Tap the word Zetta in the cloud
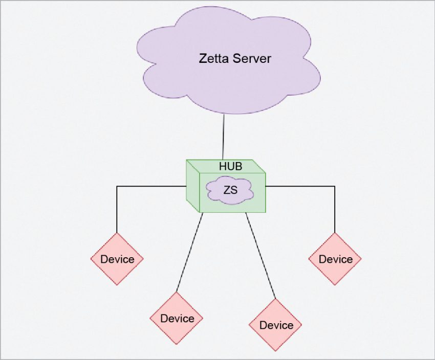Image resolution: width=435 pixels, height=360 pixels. (x=214, y=58)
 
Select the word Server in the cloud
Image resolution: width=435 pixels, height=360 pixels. (x=252, y=58)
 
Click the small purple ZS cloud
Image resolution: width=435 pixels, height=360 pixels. (x=230, y=190)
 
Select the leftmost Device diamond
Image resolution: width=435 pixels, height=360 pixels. (x=117, y=259)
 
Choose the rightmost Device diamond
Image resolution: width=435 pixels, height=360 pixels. (x=335, y=259)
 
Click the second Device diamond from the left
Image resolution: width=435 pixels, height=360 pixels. (x=177, y=318)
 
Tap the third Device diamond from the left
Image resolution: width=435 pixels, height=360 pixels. (x=275, y=325)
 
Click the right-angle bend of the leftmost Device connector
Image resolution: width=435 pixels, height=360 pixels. (x=117, y=187)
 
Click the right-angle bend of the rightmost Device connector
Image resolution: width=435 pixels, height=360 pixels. (x=335, y=187)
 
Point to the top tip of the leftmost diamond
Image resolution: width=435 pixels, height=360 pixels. (x=117, y=233)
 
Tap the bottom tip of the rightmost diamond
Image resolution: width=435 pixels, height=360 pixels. (x=335, y=285)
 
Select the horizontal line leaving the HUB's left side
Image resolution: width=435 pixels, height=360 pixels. (x=151, y=187)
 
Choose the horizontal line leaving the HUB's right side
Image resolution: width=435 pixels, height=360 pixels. (x=300, y=187)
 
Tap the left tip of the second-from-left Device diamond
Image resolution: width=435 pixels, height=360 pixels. (x=150, y=318)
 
